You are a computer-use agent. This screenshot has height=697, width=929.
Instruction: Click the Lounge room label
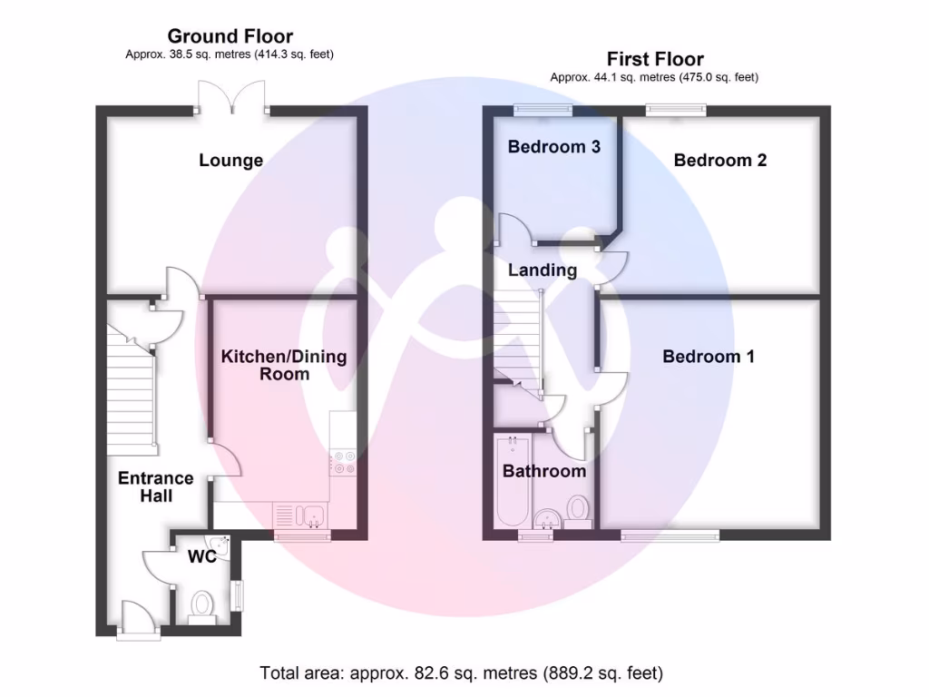coord(231,161)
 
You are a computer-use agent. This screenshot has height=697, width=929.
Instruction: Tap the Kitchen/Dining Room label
coord(284,365)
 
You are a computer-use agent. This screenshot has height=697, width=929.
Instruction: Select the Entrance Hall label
coord(156,487)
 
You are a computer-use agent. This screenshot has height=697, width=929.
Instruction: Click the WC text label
coord(201,556)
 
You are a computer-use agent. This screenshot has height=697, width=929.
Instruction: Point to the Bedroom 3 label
coord(553,146)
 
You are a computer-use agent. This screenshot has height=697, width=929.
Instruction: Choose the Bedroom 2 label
coord(719,160)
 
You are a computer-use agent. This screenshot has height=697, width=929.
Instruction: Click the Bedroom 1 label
coord(708,357)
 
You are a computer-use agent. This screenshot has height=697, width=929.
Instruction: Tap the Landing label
coord(542,270)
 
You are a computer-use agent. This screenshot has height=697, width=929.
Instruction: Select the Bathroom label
coord(543,471)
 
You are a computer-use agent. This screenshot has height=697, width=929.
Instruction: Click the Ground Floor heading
coord(230,36)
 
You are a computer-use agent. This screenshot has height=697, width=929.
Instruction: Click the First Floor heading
coord(654,60)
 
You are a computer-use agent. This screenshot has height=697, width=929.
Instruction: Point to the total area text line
coord(461,673)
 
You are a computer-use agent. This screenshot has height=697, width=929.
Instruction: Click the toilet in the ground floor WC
coord(202,605)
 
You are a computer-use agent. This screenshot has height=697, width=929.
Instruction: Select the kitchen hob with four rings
coord(344,462)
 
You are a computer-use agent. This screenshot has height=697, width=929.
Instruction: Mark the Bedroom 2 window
coord(676,111)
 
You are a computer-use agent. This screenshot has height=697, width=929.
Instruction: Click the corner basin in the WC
coord(222,544)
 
